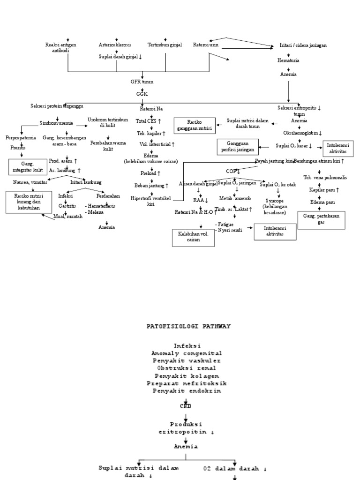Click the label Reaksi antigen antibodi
point(60,48)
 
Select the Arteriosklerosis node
point(115,45)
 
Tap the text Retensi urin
point(206,45)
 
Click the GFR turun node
point(142,82)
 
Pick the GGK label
point(142,94)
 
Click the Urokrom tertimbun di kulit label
point(108,123)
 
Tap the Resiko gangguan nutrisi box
point(193,125)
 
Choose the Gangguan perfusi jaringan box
point(238,147)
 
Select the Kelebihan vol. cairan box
point(194,237)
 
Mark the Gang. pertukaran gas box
point(321,219)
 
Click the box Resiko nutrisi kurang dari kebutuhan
point(29,202)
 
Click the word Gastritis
point(67,205)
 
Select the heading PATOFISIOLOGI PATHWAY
point(189,326)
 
